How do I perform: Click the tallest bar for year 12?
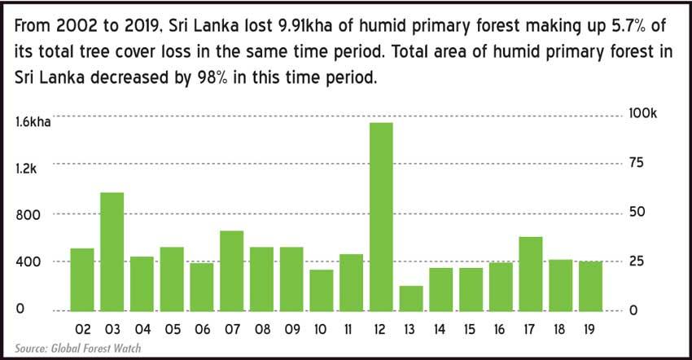[x=381, y=217]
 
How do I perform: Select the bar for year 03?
[x=112, y=252]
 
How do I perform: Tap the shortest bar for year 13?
[x=411, y=299]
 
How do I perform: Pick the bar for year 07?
[x=232, y=270]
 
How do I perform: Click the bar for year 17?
[x=531, y=274]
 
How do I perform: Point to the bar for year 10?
[x=322, y=290]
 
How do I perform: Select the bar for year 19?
[x=591, y=286]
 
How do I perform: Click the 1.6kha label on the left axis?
[x=33, y=122]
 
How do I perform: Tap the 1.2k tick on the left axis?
[x=25, y=169]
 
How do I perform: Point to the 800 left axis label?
[x=28, y=216]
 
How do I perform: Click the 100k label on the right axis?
[x=642, y=113]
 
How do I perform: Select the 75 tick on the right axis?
[x=637, y=163]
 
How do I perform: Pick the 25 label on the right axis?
[x=637, y=261]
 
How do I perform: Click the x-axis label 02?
[x=82, y=330]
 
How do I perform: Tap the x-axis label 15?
[x=470, y=330]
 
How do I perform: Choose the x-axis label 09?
[x=292, y=330]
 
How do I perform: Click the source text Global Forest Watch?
[x=96, y=348]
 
